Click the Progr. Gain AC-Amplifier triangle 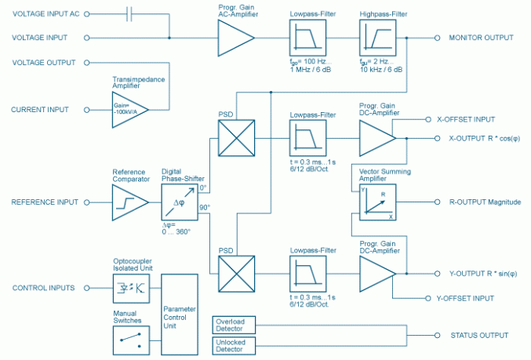coord(235,37)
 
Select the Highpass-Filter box coord(376,37)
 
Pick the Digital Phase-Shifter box coord(178,202)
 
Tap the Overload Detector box coord(233,325)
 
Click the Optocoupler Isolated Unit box coord(129,288)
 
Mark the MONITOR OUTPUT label coord(481,38)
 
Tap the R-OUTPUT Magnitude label coord(485,202)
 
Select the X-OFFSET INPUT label coord(465,120)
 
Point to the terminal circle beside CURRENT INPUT coord(86,110)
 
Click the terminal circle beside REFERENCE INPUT coord(86,202)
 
